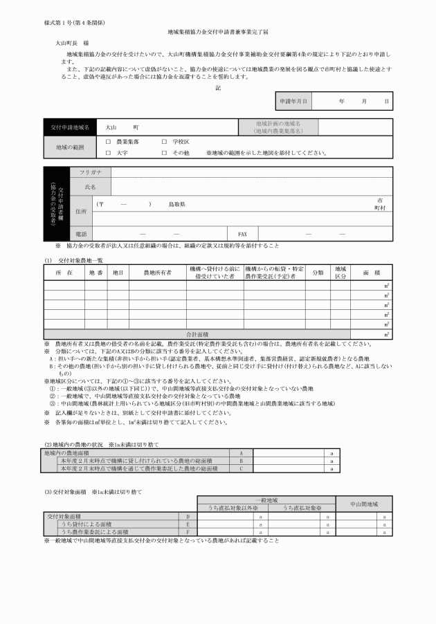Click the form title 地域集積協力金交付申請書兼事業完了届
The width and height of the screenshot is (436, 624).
[x=218, y=32]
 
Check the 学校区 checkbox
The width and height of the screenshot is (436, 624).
[x=165, y=141]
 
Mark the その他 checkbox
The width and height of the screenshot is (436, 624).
[x=165, y=152]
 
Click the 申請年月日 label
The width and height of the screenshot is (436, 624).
[x=293, y=101]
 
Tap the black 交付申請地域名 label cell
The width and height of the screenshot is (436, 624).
[x=69, y=128]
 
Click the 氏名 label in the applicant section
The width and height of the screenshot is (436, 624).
[x=91, y=187]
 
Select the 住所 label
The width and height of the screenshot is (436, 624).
[x=81, y=211]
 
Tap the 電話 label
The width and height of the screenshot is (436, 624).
[x=81, y=234]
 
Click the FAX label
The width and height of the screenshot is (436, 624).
[x=243, y=234]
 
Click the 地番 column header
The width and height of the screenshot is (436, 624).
[x=96, y=273]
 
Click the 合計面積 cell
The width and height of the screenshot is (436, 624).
[x=202, y=334]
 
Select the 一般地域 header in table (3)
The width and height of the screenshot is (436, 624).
[x=266, y=499]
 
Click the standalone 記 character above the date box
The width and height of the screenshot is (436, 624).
[x=218, y=87]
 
